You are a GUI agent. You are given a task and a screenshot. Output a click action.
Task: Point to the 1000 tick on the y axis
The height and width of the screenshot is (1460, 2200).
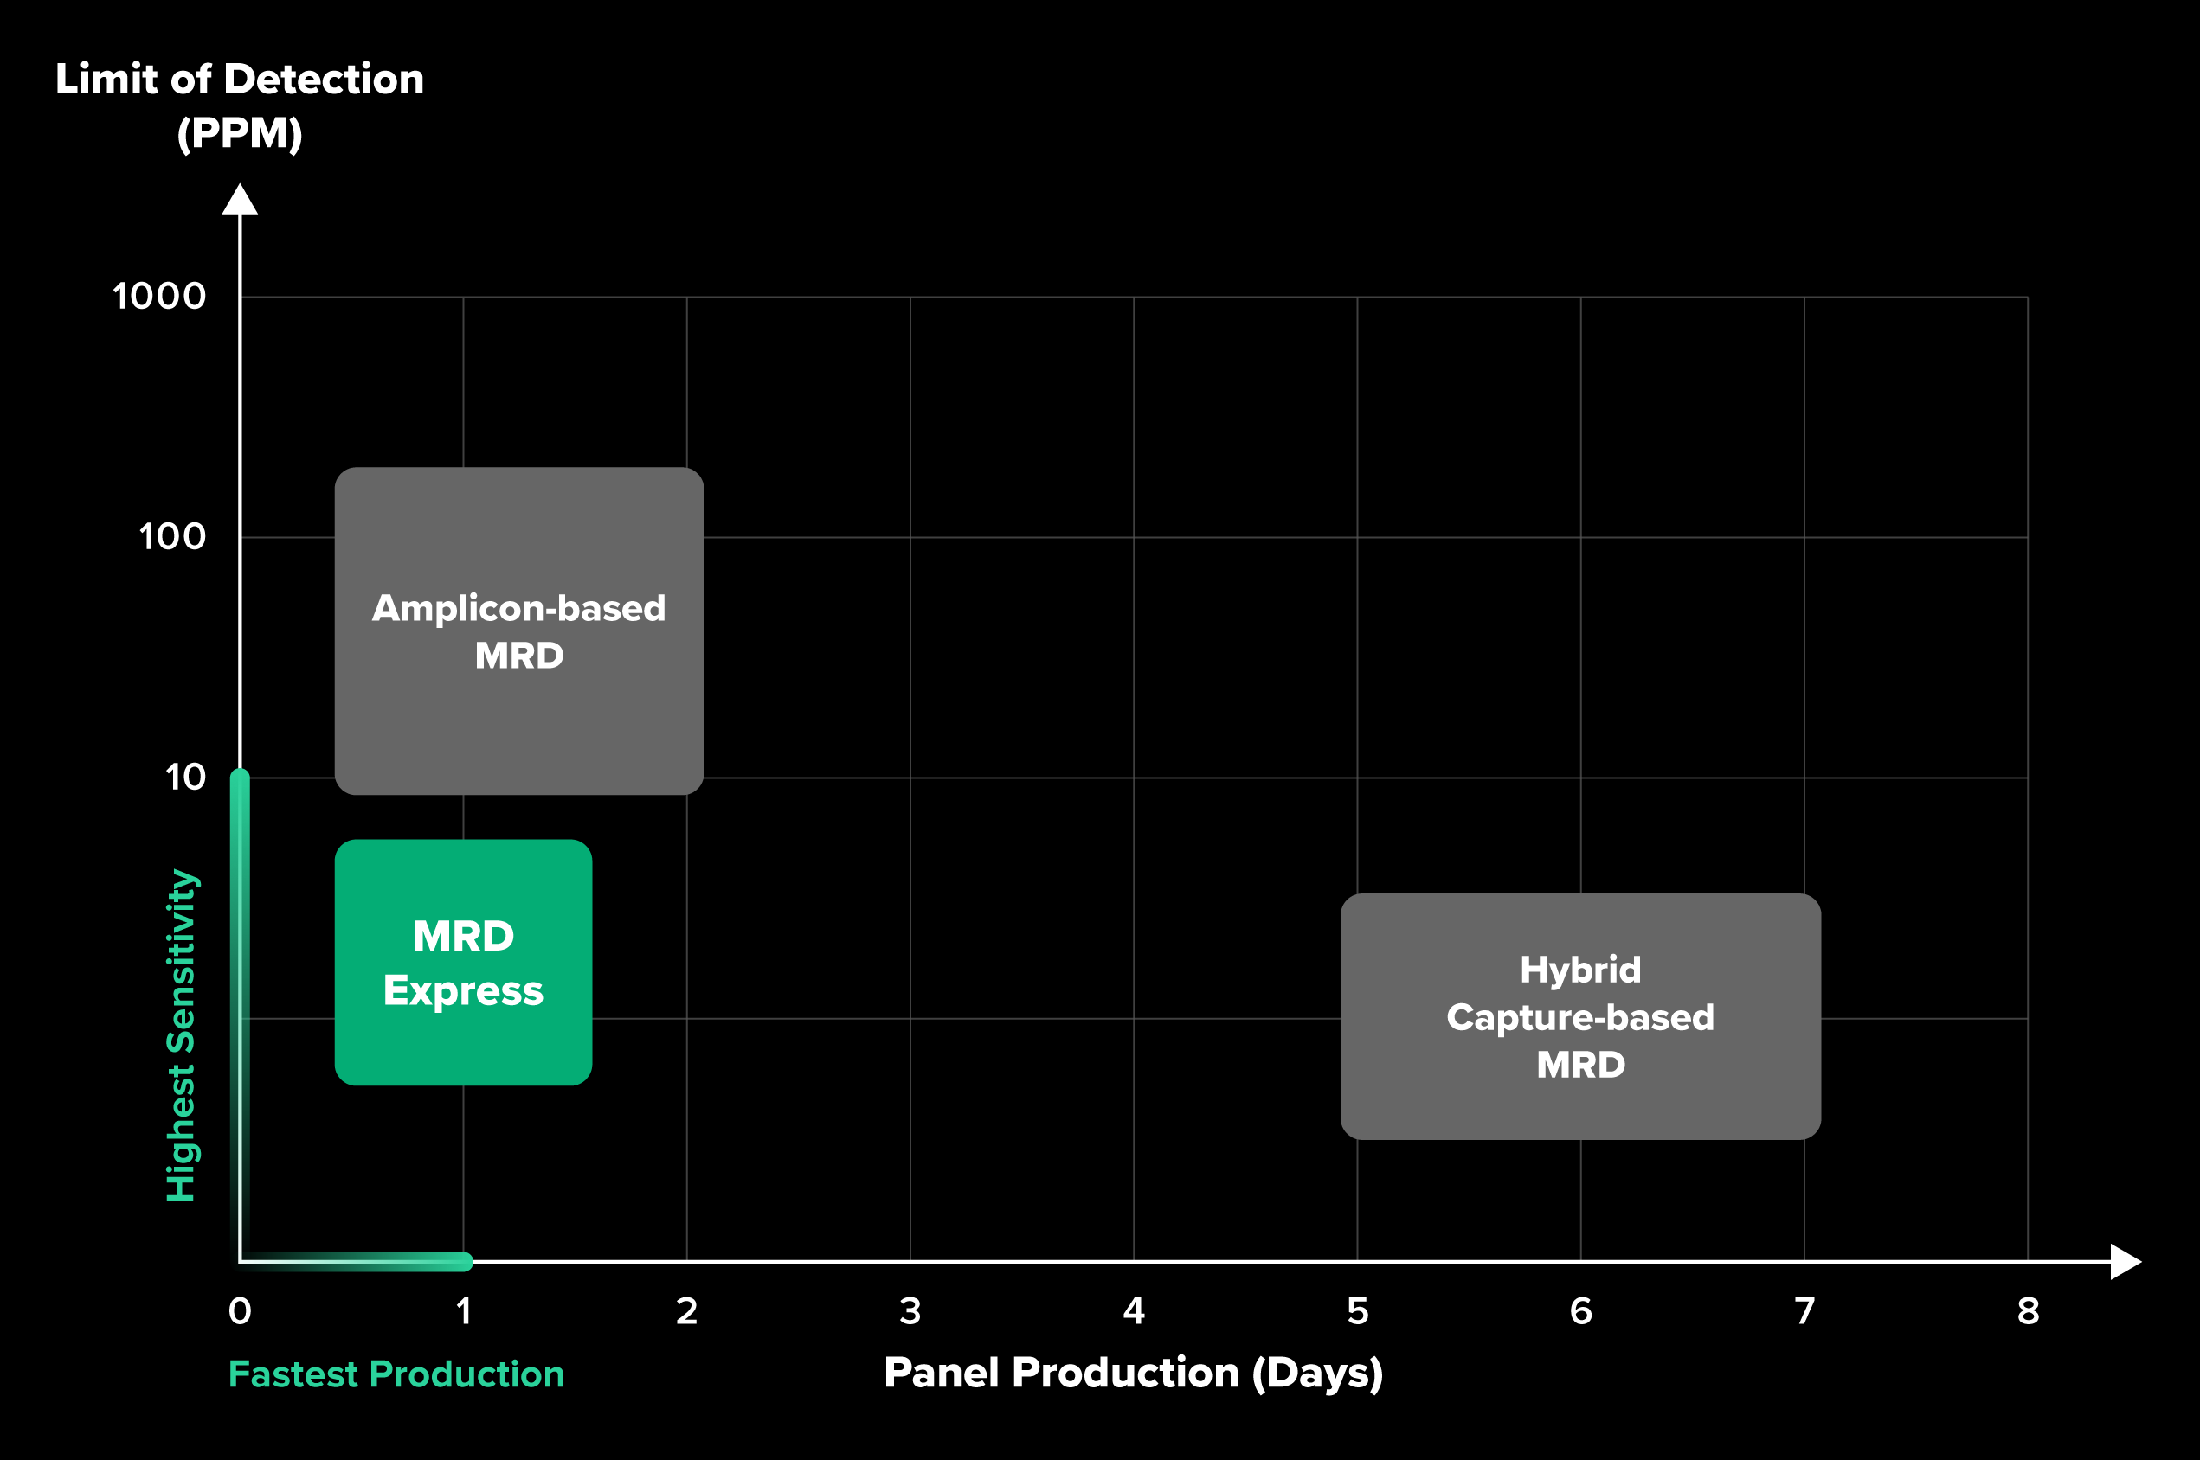(x=159, y=296)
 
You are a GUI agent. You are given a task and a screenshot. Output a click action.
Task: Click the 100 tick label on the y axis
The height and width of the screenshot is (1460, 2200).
(x=172, y=536)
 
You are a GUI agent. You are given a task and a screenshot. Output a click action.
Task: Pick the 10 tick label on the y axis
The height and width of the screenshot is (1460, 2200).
(x=185, y=777)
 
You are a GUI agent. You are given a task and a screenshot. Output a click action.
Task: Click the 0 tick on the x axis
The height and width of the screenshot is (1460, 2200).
(x=240, y=1311)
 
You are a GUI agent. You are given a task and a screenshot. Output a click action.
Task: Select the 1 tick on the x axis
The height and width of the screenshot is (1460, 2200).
(x=463, y=1311)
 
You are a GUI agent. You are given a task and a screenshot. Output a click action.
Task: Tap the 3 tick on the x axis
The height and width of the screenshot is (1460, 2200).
(x=910, y=1311)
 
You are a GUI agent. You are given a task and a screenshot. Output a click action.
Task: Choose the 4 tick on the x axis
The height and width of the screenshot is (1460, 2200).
(x=1134, y=1311)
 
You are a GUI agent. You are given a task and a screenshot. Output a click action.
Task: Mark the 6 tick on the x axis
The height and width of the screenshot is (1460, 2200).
(x=1580, y=1311)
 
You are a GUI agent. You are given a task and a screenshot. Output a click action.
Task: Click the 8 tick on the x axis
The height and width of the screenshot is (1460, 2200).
(x=2028, y=1311)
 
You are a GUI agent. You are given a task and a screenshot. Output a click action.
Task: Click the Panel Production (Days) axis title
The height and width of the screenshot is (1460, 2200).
(x=1133, y=1373)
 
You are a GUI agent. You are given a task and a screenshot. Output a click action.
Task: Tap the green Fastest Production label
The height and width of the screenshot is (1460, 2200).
(x=396, y=1374)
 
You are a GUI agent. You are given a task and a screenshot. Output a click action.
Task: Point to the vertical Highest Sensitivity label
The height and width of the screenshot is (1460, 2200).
(x=181, y=1034)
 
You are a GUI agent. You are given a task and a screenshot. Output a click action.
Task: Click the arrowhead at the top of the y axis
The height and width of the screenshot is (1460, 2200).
(x=240, y=199)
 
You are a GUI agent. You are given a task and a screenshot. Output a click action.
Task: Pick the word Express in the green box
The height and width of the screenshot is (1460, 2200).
(x=463, y=990)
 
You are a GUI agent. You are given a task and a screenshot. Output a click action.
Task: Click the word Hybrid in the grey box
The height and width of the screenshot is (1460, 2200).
(x=1579, y=970)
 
